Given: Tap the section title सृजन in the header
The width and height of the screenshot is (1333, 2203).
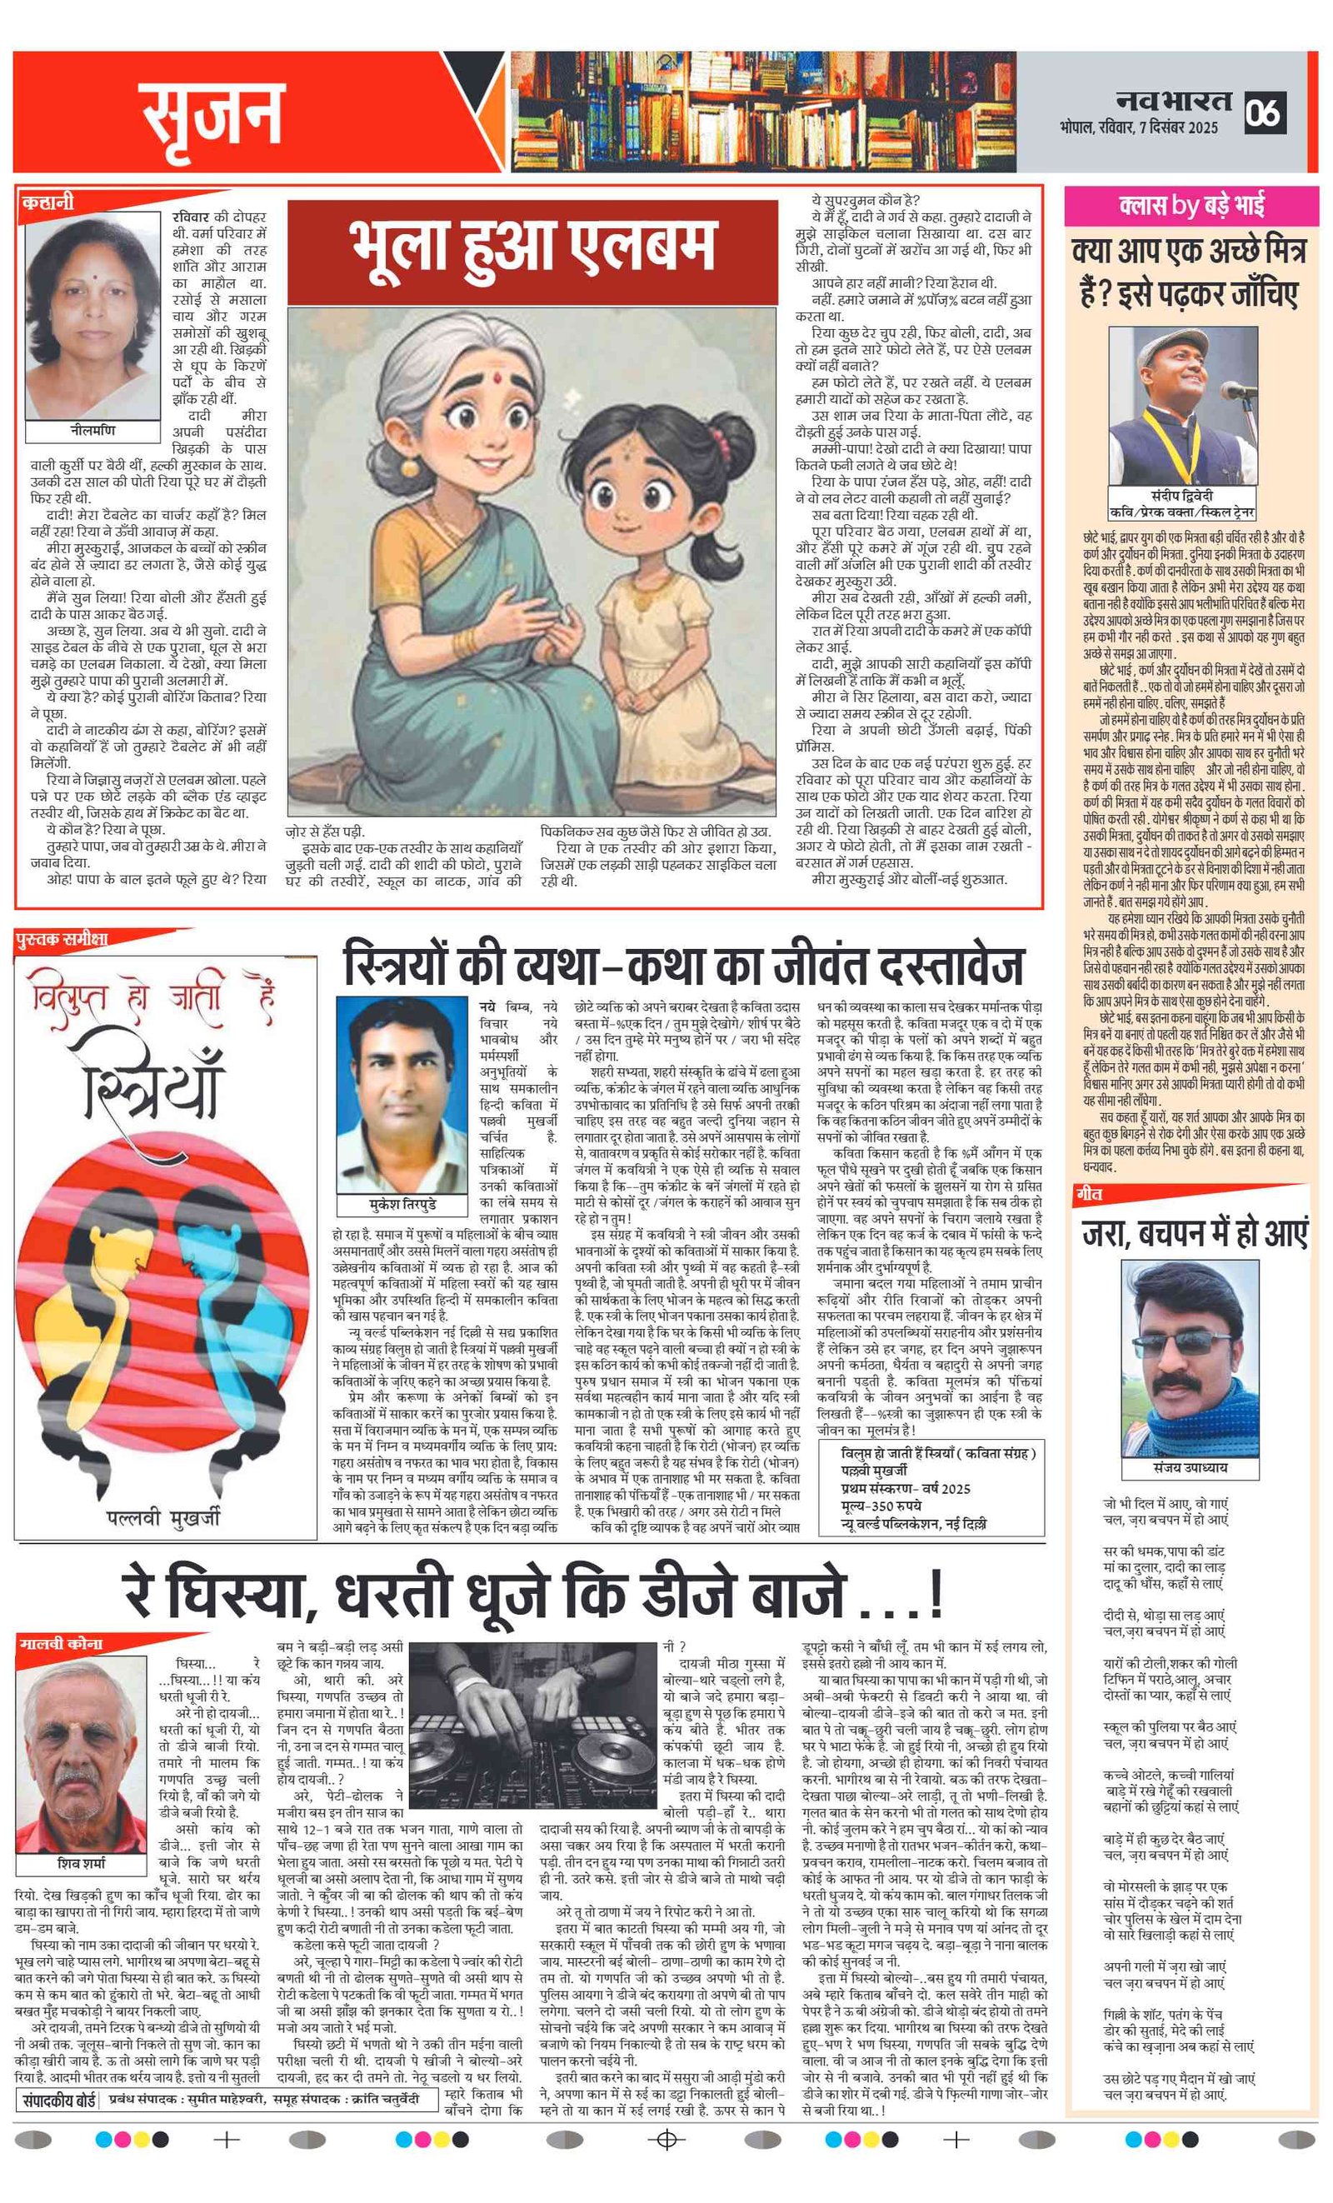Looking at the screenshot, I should point(212,113).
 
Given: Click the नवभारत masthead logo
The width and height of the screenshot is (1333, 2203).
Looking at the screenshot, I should point(1173,101).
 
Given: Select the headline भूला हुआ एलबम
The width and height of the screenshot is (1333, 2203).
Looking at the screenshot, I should point(533,245).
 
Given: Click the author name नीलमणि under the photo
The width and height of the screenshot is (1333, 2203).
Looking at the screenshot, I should point(92,430).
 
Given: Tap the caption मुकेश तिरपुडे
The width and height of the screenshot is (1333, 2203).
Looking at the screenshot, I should point(402,1203).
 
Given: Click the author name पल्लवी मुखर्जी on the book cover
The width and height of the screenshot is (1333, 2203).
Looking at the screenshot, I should point(163,1516).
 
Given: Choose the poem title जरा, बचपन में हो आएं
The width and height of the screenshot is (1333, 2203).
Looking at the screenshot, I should point(1195,1233).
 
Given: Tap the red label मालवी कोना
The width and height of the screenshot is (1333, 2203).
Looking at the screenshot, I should point(61,1643).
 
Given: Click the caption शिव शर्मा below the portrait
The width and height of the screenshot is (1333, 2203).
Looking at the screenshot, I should point(81,1863).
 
